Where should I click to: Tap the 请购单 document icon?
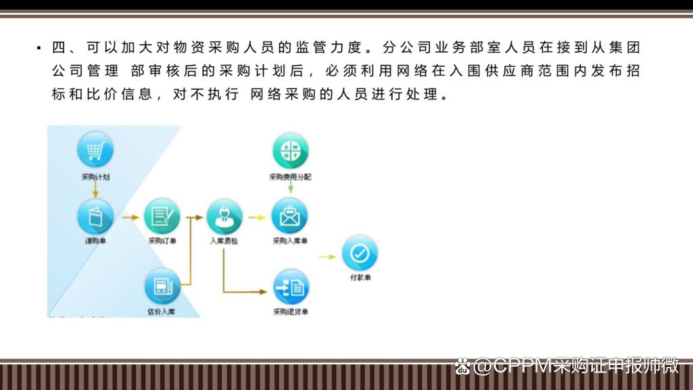pyautogui.click(x=95, y=216)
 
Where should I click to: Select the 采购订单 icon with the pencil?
pyautogui.click(x=162, y=216)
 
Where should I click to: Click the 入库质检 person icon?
pyautogui.click(x=224, y=216)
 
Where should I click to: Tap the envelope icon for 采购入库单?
pyautogui.click(x=289, y=216)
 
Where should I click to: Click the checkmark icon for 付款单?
pyautogui.click(x=359, y=254)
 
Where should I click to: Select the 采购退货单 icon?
pyautogui.click(x=291, y=287)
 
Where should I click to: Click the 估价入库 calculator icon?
pyautogui.click(x=162, y=287)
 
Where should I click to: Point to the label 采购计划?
pyautogui.click(x=95, y=177)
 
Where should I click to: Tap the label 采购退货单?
pyautogui.click(x=291, y=312)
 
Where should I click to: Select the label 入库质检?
pyautogui.click(x=224, y=241)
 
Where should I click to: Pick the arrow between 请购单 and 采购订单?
pyautogui.click(x=130, y=217)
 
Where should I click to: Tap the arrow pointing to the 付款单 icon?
pyautogui.click(x=327, y=257)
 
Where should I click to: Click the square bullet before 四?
pyautogui.click(x=39, y=49)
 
